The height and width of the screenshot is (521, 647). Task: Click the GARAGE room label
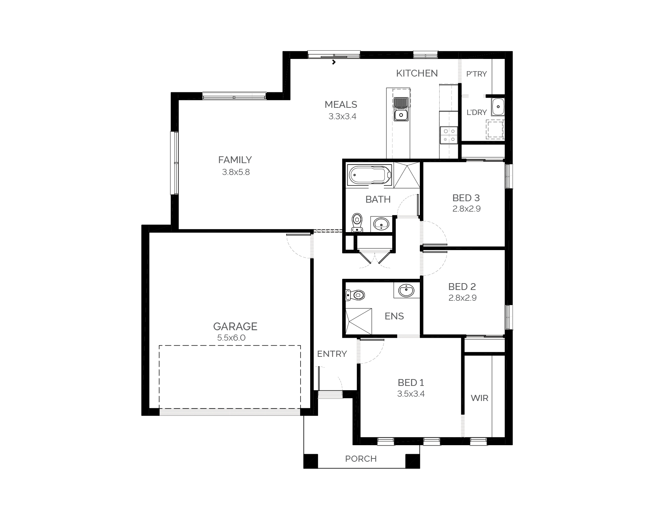(x=235, y=326)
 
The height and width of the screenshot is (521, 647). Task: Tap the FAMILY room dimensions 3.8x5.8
(x=236, y=172)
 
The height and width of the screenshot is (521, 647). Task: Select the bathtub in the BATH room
(x=370, y=176)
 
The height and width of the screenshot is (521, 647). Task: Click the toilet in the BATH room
(x=357, y=223)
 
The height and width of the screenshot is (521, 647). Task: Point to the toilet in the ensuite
(x=355, y=295)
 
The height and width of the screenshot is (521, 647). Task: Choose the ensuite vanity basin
(x=407, y=290)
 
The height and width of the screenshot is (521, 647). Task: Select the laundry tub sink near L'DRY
(x=498, y=106)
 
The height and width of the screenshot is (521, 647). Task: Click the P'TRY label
(x=476, y=74)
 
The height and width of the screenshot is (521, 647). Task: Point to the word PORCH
(x=361, y=459)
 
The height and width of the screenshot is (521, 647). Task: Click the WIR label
(x=479, y=398)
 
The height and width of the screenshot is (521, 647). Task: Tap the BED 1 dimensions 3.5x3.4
(x=411, y=394)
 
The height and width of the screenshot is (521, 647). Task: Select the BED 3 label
(x=466, y=198)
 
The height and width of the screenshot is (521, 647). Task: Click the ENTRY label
(x=332, y=354)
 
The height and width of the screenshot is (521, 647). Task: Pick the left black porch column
(x=311, y=461)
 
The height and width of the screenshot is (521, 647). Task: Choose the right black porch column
(x=413, y=461)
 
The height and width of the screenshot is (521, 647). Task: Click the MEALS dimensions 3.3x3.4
(x=342, y=116)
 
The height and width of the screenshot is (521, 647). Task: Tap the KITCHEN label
(x=417, y=73)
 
